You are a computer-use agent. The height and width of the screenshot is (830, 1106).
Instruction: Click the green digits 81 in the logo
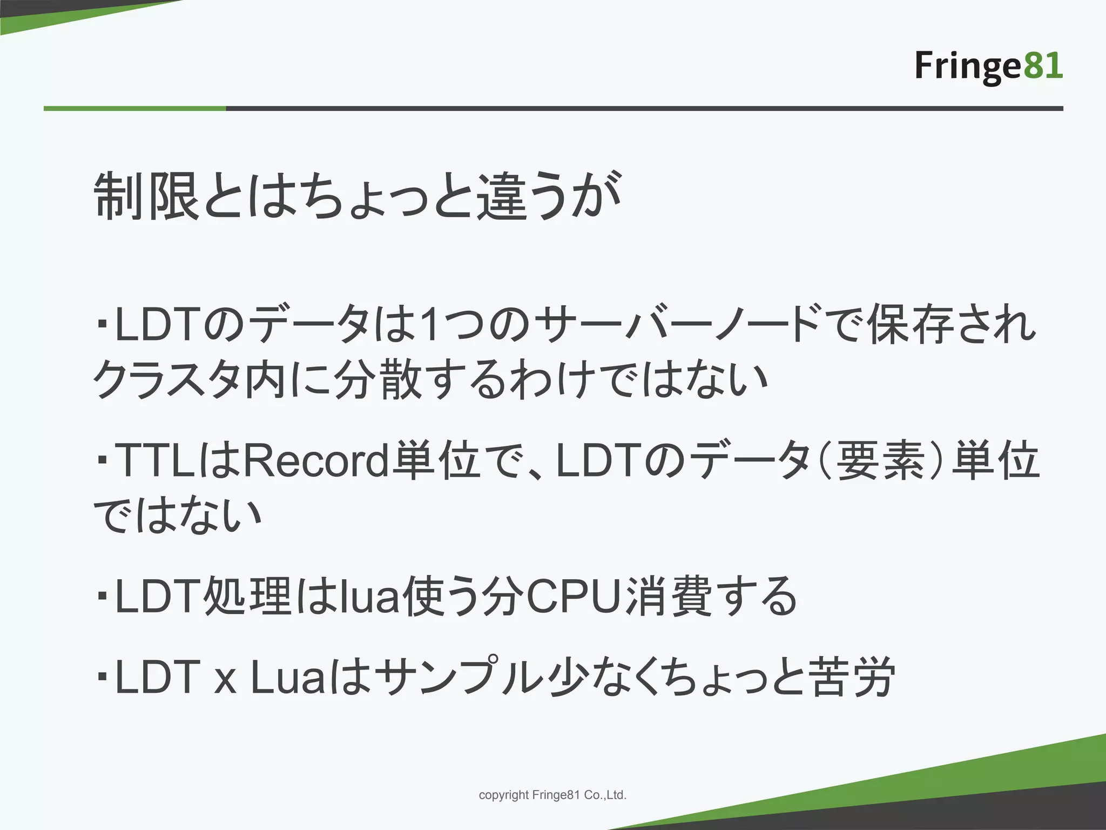tap(1043, 66)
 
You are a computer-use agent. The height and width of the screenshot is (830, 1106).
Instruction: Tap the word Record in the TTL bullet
tap(316, 461)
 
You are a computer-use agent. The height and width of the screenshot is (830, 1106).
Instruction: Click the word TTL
tap(155, 461)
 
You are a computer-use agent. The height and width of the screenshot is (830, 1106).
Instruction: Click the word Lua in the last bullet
tap(286, 679)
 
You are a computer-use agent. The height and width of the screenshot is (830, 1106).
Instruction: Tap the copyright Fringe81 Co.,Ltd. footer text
tap(552, 795)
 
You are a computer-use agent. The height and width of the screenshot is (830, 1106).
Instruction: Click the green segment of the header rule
tap(134, 109)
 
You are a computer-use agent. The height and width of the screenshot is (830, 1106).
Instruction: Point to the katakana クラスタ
tap(167, 380)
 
